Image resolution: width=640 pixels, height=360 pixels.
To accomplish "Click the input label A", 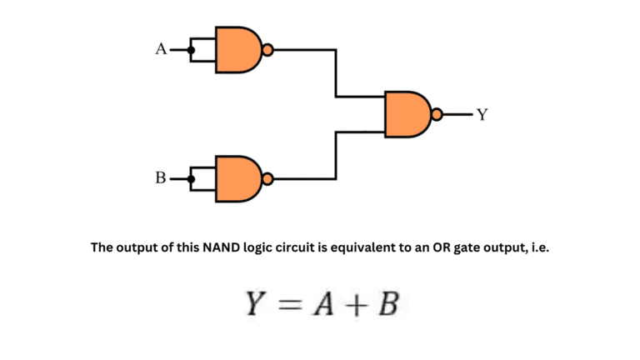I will point(161,49).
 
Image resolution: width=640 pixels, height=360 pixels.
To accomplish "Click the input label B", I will point(161,177).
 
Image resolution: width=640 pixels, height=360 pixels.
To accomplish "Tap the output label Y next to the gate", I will point(481,114).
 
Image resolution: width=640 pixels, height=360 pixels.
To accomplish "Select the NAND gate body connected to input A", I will point(238,49).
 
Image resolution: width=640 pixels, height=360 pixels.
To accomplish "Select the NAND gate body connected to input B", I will point(238,177).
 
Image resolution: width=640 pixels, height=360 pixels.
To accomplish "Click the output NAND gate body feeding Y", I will point(407,114).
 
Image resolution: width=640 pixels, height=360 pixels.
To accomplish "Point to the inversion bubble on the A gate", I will point(267,49).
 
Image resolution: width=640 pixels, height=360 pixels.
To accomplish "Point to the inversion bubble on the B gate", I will point(267,177).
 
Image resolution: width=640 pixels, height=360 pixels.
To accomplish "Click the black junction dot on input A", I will point(191,49).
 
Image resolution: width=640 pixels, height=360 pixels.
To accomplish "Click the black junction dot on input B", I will point(191,177).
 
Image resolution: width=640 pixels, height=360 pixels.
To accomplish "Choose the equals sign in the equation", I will point(287,307).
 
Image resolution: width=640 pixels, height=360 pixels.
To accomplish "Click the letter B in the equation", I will point(385,306).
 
